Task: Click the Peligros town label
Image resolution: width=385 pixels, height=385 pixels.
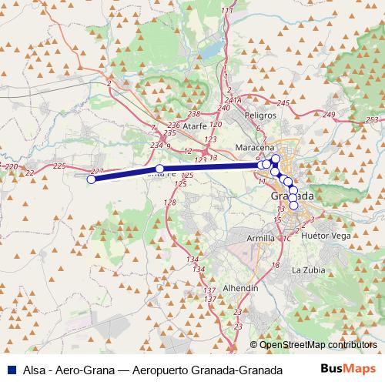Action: (x=259, y=114)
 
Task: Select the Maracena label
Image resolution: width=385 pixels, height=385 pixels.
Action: (x=255, y=147)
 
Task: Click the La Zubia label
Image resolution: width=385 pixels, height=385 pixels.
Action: (x=306, y=270)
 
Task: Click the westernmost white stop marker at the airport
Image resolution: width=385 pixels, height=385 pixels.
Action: (x=91, y=179)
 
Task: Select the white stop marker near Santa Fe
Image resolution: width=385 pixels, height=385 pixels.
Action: (x=159, y=169)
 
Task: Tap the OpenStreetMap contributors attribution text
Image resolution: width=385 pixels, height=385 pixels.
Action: (x=318, y=344)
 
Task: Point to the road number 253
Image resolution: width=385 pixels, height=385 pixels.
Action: (x=373, y=120)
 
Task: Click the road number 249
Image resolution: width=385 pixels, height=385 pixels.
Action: (x=330, y=115)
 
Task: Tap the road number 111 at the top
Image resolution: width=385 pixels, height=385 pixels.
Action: (x=226, y=10)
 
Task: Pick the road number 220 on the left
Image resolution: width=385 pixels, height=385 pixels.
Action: (x=11, y=166)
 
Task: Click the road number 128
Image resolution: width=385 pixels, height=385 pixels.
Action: (x=170, y=202)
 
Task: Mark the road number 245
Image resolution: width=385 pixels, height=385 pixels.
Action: (x=282, y=103)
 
